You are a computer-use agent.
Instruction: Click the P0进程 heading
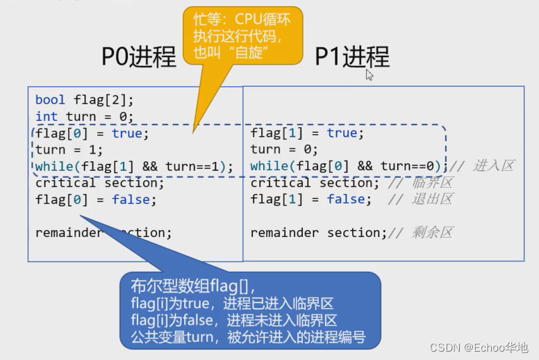[x=139, y=56]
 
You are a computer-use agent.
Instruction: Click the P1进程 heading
[x=352, y=56]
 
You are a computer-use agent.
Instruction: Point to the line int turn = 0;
[x=84, y=117]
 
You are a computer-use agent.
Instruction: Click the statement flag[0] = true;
[x=92, y=133]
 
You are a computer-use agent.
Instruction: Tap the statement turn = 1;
[x=69, y=150]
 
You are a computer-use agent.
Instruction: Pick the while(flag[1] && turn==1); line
[x=134, y=167]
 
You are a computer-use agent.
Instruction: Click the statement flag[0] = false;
[x=96, y=200]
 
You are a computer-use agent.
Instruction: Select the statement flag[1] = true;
[x=307, y=133]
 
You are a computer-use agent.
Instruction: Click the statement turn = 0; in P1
[x=284, y=150]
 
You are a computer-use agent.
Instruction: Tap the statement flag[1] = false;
[x=311, y=200]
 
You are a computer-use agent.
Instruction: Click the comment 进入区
[x=494, y=166]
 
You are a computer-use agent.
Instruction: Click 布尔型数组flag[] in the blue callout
[x=193, y=286]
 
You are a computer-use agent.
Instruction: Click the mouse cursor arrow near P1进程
[x=370, y=74]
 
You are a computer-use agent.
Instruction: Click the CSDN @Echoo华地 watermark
[x=479, y=347]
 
